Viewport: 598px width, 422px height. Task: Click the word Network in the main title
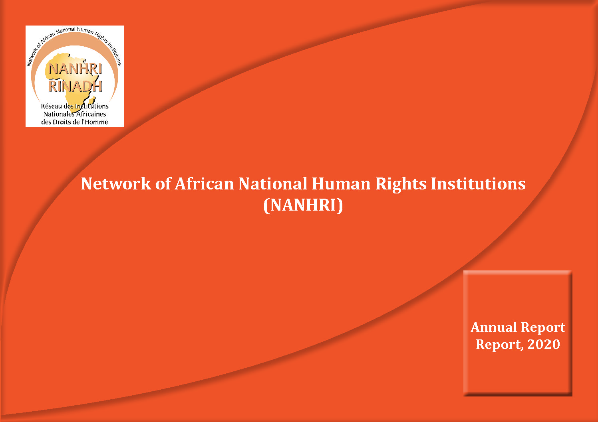coord(116,183)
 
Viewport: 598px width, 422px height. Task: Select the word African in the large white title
coord(204,183)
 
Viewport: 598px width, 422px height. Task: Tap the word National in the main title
coord(272,183)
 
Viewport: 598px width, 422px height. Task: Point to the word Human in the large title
coord(341,183)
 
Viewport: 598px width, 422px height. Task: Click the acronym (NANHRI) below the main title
coord(303,205)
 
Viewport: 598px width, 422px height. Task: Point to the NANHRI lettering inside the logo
coord(75,69)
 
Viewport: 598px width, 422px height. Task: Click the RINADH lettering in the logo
coord(75,86)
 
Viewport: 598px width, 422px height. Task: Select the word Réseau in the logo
coord(51,106)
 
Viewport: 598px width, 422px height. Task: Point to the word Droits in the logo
coord(62,122)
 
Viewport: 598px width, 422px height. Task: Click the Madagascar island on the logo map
coord(91,101)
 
